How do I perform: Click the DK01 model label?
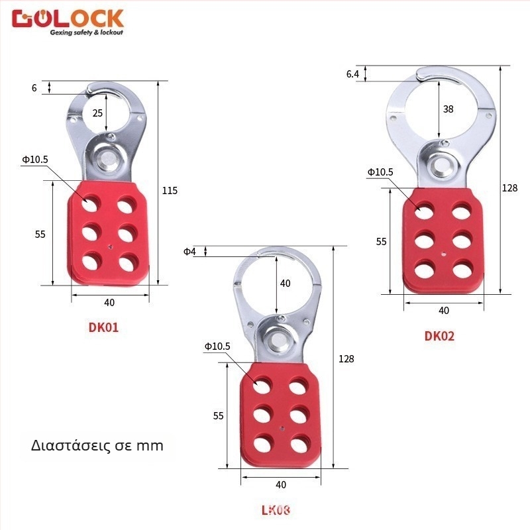[103, 326]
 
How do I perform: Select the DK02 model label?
[439, 336]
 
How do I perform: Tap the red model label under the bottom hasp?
[276, 509]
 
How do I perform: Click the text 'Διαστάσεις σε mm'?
[97, 445]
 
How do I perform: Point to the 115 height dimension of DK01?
[170, 191]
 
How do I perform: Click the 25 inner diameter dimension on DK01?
[97, 113]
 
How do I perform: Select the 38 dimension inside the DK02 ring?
[448, 109]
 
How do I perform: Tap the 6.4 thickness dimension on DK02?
[352, 74]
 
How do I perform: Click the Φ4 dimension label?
[189, 251]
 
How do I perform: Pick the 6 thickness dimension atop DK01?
[34, 87]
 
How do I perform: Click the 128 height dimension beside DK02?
[509, 188]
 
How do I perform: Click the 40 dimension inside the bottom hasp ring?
[285, 284]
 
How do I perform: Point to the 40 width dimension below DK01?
[109, 303]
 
